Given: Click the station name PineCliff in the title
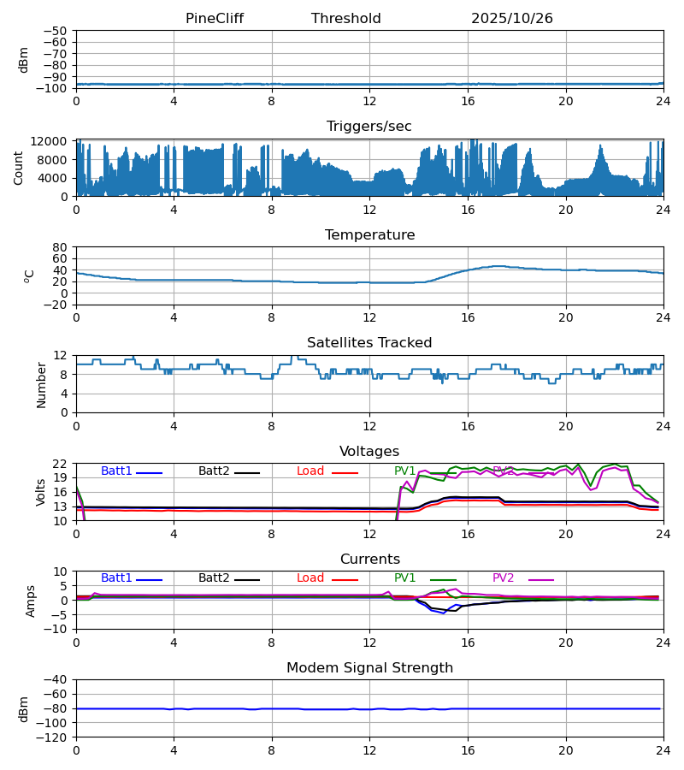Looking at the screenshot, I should point(215,19).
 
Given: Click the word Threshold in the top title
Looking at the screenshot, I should point(345,19).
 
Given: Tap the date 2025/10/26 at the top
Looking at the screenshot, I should point(511,19).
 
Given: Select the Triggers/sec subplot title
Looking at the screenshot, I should point(369,127).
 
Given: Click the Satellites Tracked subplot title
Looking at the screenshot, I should point(369,343).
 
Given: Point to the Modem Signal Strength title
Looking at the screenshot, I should point(369,668).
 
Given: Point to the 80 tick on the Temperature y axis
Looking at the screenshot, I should point(61,247).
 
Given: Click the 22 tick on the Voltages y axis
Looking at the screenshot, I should point(61,464).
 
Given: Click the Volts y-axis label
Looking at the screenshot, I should point(40,492).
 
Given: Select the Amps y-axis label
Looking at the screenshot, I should point(32,601).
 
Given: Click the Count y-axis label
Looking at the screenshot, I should point(19,168).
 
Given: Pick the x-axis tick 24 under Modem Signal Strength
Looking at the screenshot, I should point(663,750).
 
